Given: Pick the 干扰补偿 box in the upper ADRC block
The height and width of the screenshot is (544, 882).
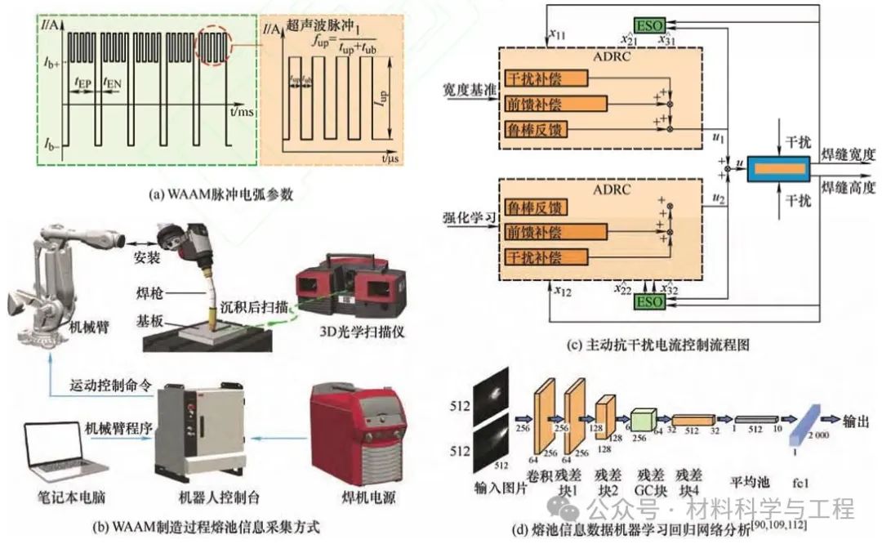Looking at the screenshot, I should pos(546,79).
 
